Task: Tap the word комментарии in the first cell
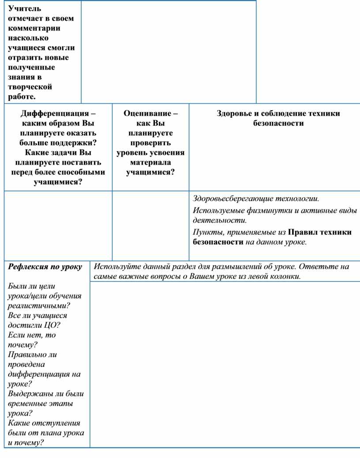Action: pyautogui.click(x=34, y=28)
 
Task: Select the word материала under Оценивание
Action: pyautogui.click(x=150, y=162)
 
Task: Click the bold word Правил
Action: pyautogui.click(x=303, y=232)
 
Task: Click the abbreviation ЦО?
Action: pyautogui.click(x=52, y=325)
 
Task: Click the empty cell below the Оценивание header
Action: pyautogui.click(x=150, y=225)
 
